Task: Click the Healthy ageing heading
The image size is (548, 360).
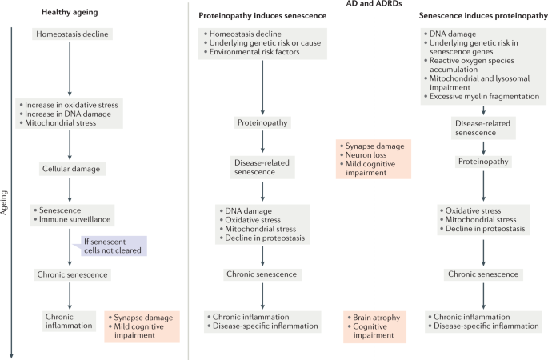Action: (70, 12)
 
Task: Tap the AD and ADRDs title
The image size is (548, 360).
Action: (374, 4)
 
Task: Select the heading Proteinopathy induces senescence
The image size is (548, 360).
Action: (262, 16)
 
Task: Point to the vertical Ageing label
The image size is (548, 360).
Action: (4, 202)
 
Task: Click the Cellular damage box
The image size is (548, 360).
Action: (72, 169)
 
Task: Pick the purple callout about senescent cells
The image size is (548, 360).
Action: (111, 246)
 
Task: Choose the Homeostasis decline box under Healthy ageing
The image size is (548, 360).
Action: (72, 34)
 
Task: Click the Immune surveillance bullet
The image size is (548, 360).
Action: (72, 219)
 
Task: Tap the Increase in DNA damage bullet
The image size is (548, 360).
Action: (66, 114)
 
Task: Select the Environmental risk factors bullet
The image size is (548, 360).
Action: (252, 52)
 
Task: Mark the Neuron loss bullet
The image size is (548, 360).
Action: (363, 155)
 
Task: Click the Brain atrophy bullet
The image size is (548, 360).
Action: (374, 318)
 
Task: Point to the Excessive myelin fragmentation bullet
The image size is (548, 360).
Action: (482, 97)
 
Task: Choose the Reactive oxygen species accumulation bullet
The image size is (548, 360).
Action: (469, 65)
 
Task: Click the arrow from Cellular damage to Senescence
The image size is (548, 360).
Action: (70, 190)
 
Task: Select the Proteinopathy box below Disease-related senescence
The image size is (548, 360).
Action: (483, 162)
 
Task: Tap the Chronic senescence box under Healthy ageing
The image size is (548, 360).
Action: (72, 274)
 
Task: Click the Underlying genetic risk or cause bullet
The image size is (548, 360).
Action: (262, 43)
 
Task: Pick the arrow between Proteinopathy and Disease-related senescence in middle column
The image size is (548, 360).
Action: (262, 142)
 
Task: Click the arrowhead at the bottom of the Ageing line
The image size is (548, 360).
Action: (11, 356)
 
